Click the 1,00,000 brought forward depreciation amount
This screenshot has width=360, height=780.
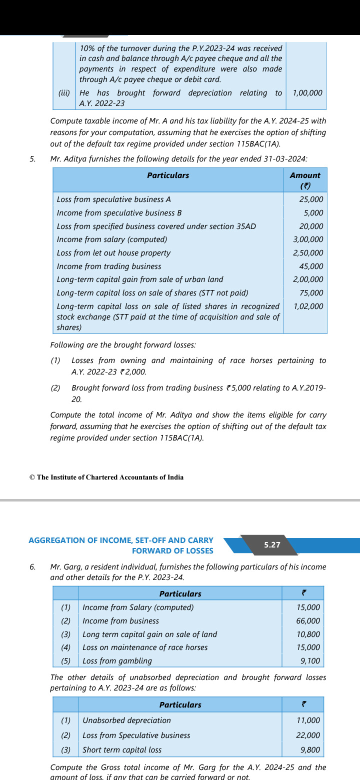tap(307, 93)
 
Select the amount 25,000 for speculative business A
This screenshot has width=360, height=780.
tap(311, 199)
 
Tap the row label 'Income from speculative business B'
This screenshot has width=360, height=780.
tap(119, 213)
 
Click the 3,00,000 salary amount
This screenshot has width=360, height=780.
tap(308, 239)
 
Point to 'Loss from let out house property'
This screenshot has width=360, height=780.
tap(113, 253)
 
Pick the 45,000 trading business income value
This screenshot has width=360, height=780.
tap(311, 266)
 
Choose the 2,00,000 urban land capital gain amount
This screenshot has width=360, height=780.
tap(308, 279)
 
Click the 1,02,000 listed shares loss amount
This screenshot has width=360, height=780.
tap(308, 306)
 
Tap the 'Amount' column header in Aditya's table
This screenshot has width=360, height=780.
tap(305, 175)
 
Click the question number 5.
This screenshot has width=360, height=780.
tap(32, 159)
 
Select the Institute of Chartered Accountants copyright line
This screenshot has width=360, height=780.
tap(106, 477)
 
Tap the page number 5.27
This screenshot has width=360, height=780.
tap(272, 545)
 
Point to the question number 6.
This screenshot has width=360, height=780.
tap(32, 567)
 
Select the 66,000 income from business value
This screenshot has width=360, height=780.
tap(308, 621)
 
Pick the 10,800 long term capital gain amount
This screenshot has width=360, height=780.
tap(308, 634)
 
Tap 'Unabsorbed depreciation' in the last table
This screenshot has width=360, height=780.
tap(126, 720)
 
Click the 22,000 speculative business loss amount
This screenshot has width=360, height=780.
tap(308, 735)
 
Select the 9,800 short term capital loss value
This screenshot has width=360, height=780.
tap(310, 750)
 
